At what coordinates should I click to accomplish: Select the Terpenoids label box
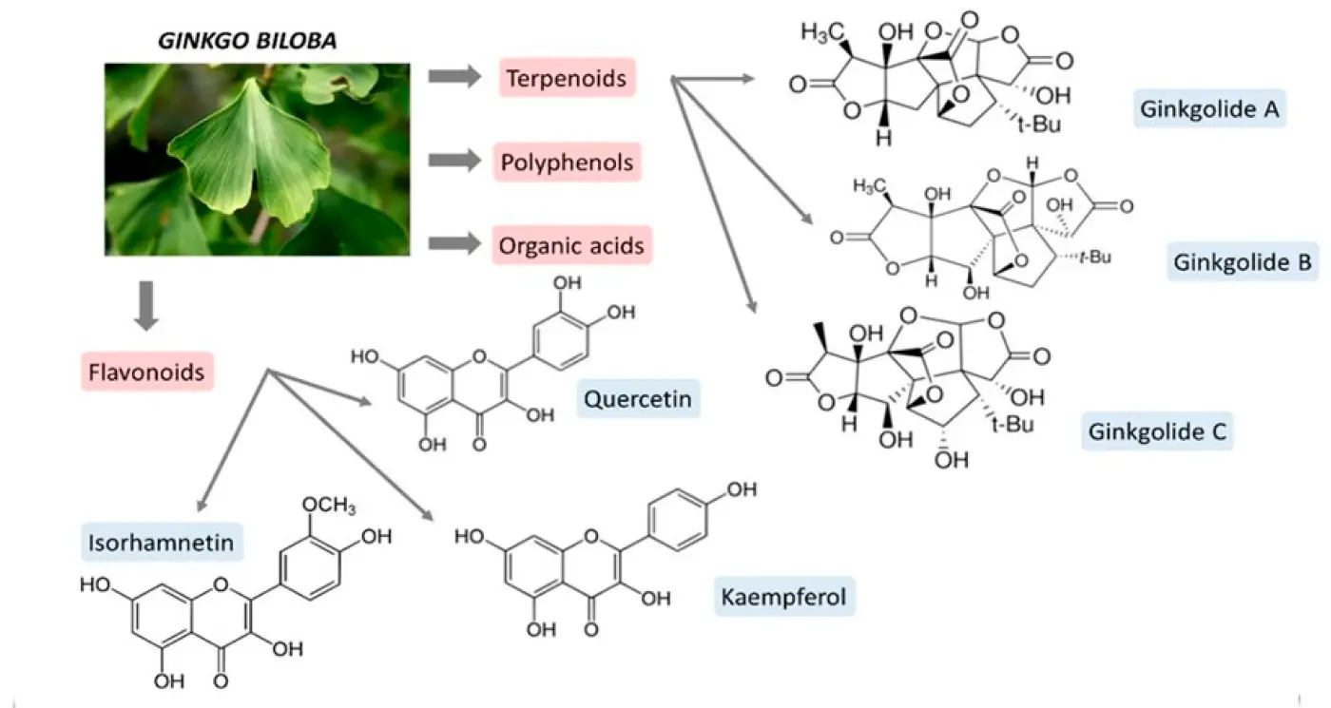coord(567,77)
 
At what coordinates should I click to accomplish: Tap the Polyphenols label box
coord(567,163)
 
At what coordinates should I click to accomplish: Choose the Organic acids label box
coord(572,245)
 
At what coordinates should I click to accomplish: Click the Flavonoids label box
coord(147,372)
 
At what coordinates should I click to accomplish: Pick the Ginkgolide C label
coord(1158,433)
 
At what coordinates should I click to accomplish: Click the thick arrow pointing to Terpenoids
coord(454,76)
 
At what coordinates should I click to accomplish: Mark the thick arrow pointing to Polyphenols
coord(454,162)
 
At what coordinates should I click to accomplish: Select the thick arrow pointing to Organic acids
coord(454,244)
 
